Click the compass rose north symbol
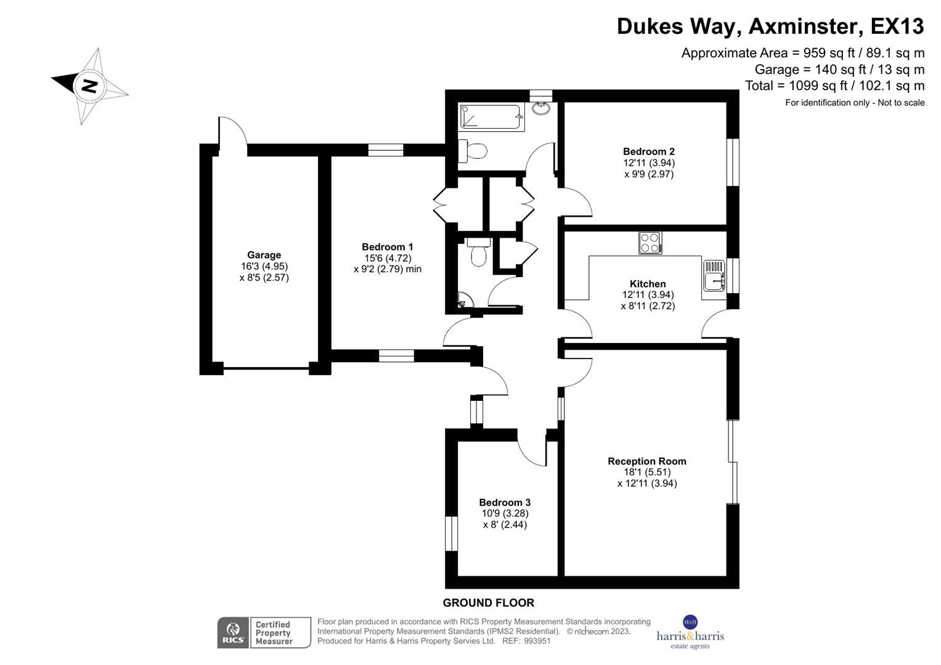tap(89, 86)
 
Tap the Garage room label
tap(264, 255)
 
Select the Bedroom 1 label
tap(387, 247)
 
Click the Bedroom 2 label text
tap(648, 151)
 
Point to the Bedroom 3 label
tap(505, 502)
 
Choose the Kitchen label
tap(648, 284)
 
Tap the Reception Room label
tap(646, 461)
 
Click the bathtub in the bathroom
tap(491, 117)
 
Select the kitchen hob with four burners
tap(650, 243)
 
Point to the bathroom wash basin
tap(541, 110)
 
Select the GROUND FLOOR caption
tap(488, 603)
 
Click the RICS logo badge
tap(233, 632)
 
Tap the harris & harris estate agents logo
tap(690, 632)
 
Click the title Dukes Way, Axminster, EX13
tap(770, 26)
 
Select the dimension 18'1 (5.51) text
tap(646, 472)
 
